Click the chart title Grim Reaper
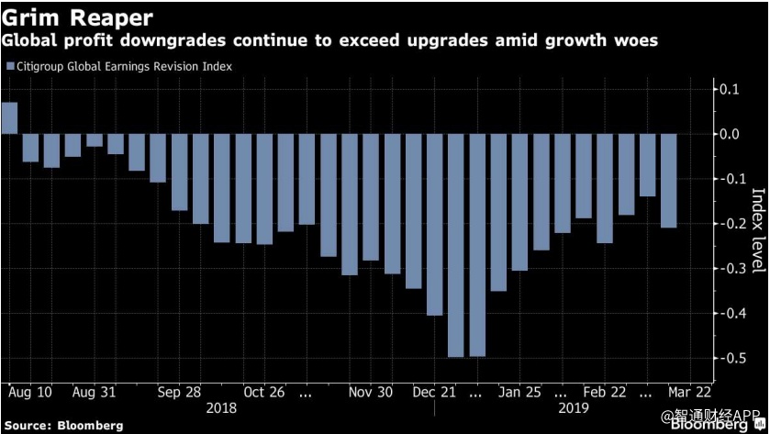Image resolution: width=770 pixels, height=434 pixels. coord(77,17)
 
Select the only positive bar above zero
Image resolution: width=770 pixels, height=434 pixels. coord(9,118)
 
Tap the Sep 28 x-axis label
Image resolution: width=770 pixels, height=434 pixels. coord(179,392)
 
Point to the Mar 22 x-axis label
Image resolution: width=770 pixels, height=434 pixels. coord(688,392)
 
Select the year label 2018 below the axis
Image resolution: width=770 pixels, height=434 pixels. coord(222,406)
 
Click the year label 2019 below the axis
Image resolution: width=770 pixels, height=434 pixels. coord(573,406)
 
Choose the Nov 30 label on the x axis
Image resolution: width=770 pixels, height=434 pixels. coord(371,392)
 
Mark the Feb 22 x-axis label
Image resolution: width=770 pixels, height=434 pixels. coord(605,392)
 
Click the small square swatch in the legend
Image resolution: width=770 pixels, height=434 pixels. coord(10,66)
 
